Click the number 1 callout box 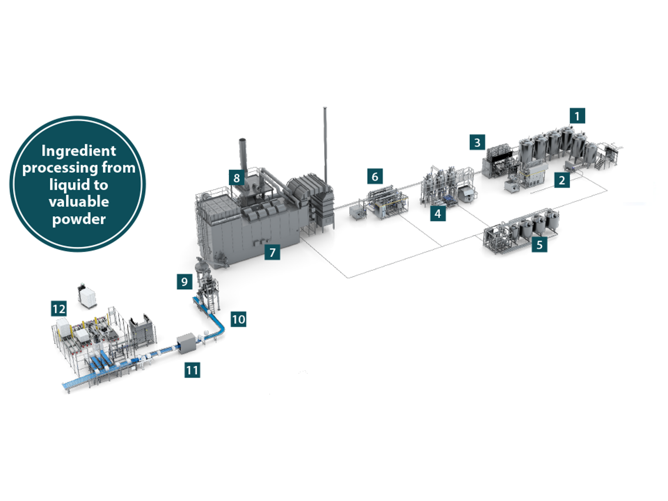[577, 116]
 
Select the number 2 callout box [562, 180]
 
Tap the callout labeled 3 [477, 142]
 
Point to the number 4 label [438, 213]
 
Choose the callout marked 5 [539, 245]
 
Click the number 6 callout [375, 176]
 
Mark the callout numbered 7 [272, 252]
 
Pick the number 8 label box [237, 178]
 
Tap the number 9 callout [184, 281]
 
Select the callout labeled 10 [238, 319]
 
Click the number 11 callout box [192, 370]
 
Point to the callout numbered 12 [59, 309]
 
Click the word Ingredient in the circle [79, 151]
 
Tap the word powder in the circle [79, 219]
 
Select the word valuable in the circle [79, 202]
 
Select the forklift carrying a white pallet [87, 296]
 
